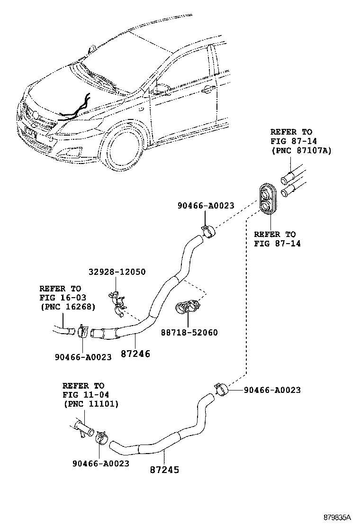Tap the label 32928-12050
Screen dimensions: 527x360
coord(117,272)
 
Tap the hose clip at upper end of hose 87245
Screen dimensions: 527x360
coord(221,390)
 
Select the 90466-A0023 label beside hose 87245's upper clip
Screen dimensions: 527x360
coord(272,390)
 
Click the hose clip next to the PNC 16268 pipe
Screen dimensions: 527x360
coord(82,332)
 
